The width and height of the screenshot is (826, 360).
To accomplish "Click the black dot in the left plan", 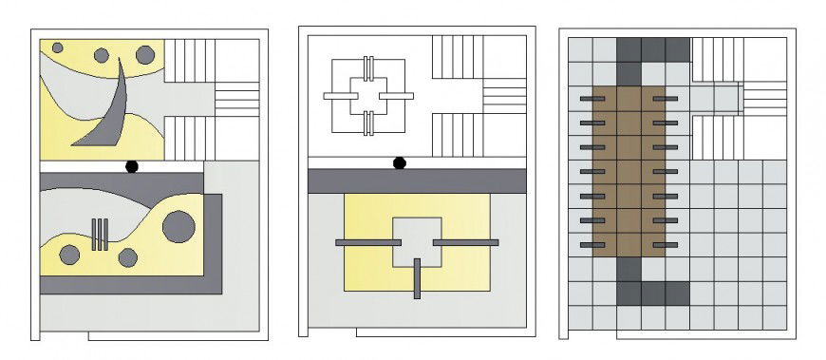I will click(x=132, y=166).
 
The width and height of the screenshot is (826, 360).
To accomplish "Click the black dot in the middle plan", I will click(x=400, y=163).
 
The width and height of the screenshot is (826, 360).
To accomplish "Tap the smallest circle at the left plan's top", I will click(x=58, y=47).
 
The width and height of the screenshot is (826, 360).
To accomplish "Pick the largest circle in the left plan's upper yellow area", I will click(x=144, y=55).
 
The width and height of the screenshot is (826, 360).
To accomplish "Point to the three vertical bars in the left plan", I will click(x=100, y=234).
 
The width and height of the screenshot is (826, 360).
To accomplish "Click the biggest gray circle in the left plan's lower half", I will click(x=178, y=226).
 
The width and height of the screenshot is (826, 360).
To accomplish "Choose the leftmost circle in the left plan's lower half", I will click(x=69, y=254).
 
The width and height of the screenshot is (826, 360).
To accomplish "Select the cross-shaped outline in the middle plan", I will click(x=369, y=96).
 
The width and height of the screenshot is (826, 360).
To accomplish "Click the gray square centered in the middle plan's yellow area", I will click(x=417, y=241).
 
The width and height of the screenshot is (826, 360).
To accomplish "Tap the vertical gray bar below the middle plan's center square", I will click(x=417, y=278).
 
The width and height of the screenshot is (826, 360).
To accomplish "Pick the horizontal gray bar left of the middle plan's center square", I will click(x=364, y=243).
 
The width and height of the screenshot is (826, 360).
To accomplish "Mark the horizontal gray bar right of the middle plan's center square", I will click(x=465, y=243).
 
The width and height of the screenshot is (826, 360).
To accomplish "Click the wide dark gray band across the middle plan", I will click(x=417, y=180).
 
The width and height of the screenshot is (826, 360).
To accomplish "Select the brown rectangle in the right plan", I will click(x=629, y=171).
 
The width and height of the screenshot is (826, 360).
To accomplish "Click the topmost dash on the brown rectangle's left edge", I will click(x=591, y=98).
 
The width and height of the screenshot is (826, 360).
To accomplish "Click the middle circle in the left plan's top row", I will click(x=102, y=55).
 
